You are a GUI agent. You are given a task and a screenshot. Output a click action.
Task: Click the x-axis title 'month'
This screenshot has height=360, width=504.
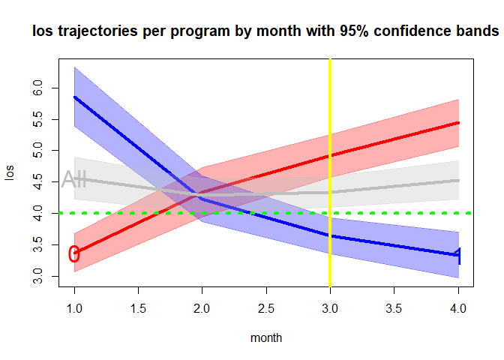click(x=266, y=338)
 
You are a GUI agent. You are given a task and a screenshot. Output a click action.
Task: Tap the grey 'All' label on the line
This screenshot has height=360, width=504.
click(x=74, y=179)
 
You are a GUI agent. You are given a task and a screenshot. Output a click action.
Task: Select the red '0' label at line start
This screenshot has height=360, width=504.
click(x=73, y=254)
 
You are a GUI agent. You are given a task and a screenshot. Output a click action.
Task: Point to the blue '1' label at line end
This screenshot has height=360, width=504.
click(x=458, y=255)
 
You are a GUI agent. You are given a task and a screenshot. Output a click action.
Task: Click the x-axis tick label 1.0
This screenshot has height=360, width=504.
click(x=74, y=308)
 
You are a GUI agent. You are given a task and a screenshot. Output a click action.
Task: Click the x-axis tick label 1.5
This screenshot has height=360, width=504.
click(x=138, y=308)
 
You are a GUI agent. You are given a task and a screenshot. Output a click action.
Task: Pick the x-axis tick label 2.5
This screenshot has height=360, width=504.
click(x=266, y=308)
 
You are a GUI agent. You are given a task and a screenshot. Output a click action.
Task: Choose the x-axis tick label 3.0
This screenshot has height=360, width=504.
click(x=330, y=308)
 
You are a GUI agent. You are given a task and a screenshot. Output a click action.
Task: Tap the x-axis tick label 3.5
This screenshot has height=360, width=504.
click(x=394, y=308)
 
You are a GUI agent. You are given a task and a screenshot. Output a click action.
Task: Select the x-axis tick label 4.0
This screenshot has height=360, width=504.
click(x=458, y=308)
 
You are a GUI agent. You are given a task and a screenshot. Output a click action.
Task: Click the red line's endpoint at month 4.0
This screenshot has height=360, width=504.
click(x=458, y=122)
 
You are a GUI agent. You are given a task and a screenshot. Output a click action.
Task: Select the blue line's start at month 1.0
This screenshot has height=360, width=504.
click(x=74, y=97)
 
